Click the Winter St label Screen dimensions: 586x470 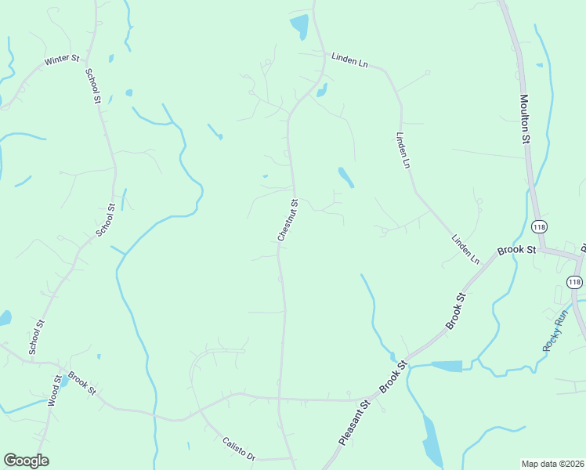63,59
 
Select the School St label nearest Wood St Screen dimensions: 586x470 36,337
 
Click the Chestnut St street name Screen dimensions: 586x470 288,219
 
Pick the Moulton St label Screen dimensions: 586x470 526,119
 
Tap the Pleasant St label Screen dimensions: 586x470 354,424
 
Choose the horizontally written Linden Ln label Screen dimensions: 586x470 349,59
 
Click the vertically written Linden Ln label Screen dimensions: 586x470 403,150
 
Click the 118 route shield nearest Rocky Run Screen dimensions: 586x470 574,282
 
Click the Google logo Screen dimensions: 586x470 26,461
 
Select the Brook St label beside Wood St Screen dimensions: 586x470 81,383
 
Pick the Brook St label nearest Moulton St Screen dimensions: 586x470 517,251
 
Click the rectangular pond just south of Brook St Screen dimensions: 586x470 447,366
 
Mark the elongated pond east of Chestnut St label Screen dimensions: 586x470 345,177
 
